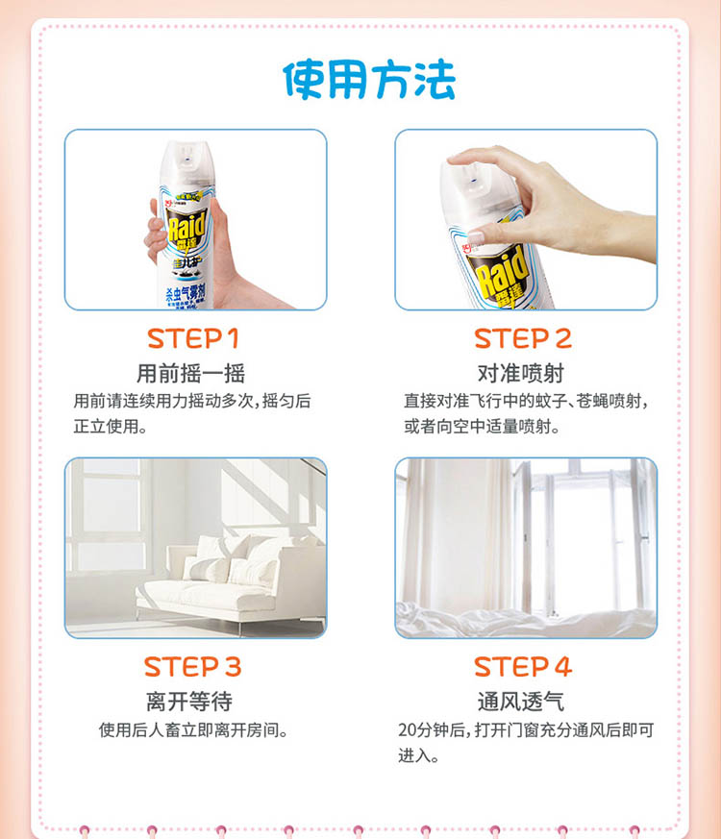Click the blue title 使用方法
[x=369, y=80]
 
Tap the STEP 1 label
[x=193, y=338]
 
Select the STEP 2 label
[x=523, y=338]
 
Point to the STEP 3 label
[x=192, y=667]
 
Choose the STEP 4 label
[x=523, y=667]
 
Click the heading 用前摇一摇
[x=191, y=374]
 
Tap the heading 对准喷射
[x=521, y=374]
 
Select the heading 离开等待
[x=189, y=702]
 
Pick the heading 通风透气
[x=521, y=702]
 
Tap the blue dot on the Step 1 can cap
[x=186, y=160]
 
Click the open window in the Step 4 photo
[x=584, y=535]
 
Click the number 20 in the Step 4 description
[x=407, y=729]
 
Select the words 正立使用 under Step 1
[x=106, y=427]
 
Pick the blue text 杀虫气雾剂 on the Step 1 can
[x=186, y=292]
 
